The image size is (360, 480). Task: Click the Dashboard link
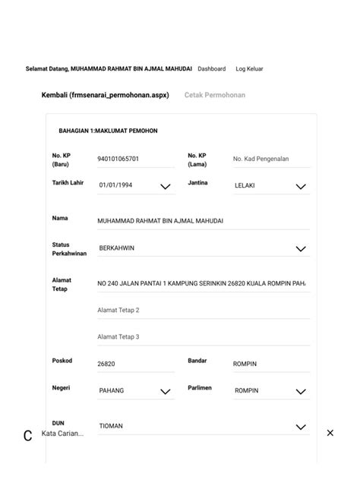tap(211, 69)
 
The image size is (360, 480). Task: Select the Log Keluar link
tap(249, 69)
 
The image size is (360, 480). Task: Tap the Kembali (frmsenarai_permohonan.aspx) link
tap(105, 95)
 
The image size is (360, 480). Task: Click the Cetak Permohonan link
tap(215, 95)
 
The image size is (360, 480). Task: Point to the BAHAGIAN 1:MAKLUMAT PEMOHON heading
tap(108, 131)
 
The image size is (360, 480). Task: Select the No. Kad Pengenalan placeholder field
tap(261, 159)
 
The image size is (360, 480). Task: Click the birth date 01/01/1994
tap(115, 185)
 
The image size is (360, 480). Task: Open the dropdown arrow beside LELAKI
tap(301, 186)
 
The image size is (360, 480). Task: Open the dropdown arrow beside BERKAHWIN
tap(301, 248)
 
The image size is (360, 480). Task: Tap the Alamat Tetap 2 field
tap(118, 310)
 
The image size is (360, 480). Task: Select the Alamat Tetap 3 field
tap(118, 336)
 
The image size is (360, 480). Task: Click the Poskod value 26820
tap(106, 364)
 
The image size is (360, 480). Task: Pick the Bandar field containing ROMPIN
tap(245, 364)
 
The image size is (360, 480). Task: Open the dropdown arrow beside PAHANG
tap(165, 392)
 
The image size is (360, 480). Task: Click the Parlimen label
tap(200, 388)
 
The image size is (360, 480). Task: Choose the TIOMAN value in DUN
tap(111, 426)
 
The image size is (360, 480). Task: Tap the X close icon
tap(330, 433)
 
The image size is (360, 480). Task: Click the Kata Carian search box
tap(63, 434)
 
